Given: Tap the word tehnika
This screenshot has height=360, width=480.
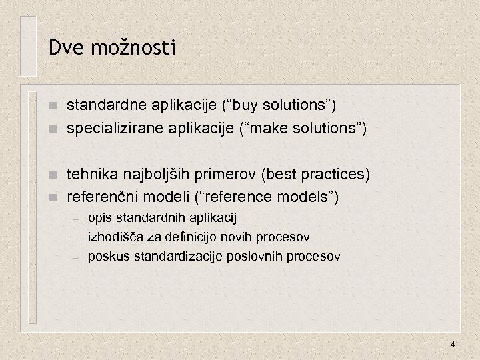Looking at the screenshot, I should (93, 175).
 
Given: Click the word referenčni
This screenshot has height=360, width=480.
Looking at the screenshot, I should (101, 197).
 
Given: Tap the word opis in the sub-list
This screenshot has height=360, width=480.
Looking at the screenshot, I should (99, 217).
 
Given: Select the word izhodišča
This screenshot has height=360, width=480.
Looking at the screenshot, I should (113, 237).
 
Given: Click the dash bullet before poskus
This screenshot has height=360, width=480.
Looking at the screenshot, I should (77, 256).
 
